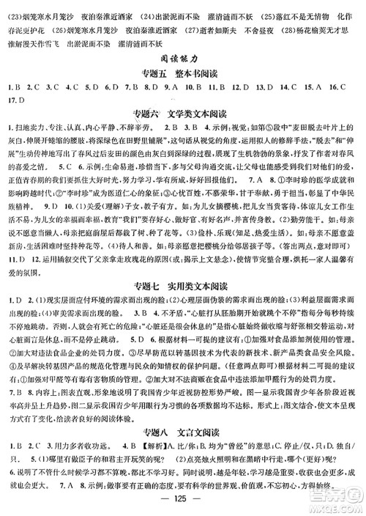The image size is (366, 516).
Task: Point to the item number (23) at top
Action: [x=12, y=7]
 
